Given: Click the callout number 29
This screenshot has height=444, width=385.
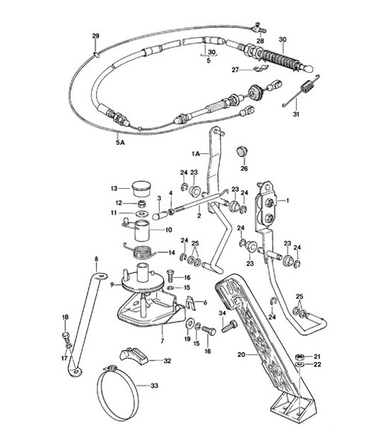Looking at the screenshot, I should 96,35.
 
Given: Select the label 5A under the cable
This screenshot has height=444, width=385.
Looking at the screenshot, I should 121,141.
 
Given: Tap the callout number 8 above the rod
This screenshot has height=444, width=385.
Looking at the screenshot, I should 96,260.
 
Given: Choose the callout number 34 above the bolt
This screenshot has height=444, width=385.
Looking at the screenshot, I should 221,313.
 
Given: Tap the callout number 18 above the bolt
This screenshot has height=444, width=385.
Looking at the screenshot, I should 64,316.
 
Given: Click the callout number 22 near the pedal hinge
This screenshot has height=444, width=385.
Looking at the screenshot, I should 317,364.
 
